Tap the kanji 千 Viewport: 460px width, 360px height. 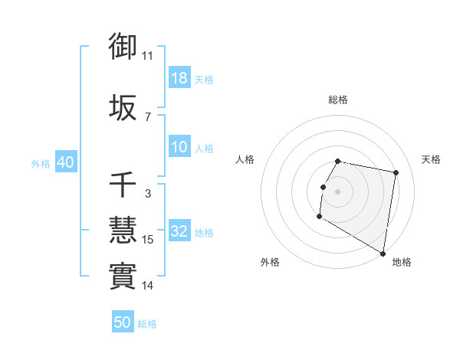123,185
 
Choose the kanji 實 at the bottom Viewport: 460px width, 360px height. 123,276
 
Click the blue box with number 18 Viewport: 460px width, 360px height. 179,78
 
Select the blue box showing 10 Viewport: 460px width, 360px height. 179,147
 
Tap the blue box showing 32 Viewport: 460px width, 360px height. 179,231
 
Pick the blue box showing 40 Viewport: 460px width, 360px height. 65,162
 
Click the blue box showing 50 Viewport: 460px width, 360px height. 123,322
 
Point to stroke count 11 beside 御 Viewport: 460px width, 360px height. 147,56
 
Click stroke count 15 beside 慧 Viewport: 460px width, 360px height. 148,240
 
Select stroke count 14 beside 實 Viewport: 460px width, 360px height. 148,286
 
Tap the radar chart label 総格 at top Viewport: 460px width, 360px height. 338,100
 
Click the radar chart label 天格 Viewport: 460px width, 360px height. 431,159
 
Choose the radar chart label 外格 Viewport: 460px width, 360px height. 270,262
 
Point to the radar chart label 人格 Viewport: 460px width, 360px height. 245,159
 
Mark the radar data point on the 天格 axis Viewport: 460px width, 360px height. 396,173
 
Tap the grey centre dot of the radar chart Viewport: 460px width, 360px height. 337,191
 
